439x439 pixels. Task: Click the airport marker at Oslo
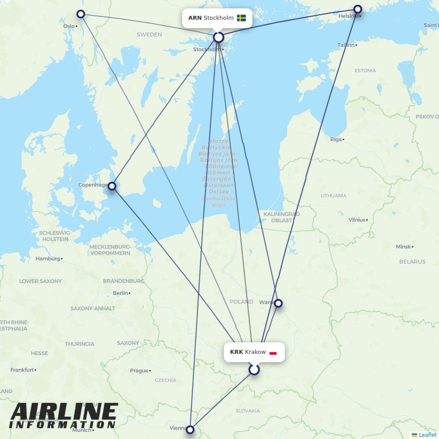click(x=81, y=14)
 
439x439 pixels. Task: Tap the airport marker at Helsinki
click(x=358, y=9)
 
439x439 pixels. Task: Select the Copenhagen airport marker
click(x=112, y=186)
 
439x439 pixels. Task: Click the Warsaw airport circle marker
click(x=278, y=303)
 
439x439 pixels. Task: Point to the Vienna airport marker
click(x=190, y=430)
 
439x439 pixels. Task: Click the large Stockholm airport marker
click(x=219, y=37)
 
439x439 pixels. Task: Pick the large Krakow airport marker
click(x=254, y=370)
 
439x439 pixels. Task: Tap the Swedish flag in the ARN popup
click(x=241, y=18)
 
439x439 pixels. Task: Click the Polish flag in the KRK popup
click(x=273, y=352)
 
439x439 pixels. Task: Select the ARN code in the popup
click(x=195, y=18)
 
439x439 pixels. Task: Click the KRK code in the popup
click(x=237, y=352)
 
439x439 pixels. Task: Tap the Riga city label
click(x=336, y=140)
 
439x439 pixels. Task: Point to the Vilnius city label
click(x=357, y=219)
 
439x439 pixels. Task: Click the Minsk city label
click(x=403, y=247)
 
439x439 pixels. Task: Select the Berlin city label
click(x=121, y=293)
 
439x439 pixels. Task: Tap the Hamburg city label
click(x=48, y=259)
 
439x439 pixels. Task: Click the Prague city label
click(x=139, y=371)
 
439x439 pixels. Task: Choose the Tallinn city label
click(x=346, y=45)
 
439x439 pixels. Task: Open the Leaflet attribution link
click(x=427, y=435)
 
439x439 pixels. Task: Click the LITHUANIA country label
click(x=333, y=196)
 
